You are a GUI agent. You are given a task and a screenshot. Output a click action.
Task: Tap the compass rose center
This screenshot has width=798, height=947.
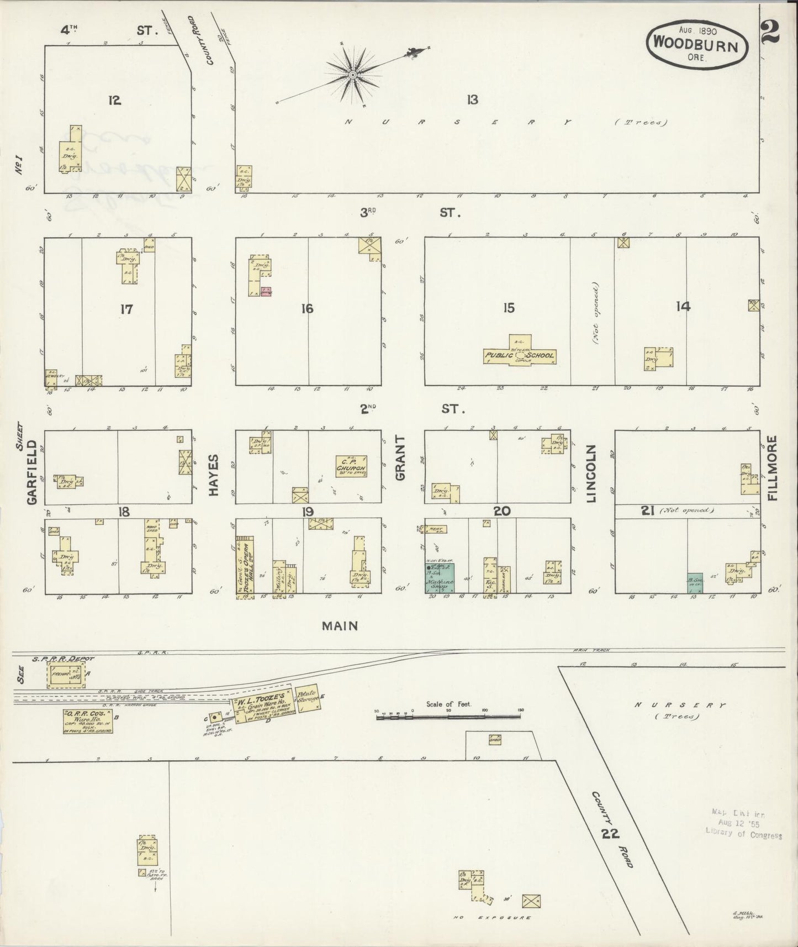pos(352,74)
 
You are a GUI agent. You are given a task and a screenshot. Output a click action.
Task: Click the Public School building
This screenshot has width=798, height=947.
pos(519,355)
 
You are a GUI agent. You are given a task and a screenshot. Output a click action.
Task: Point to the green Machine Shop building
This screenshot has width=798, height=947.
pos(440,578)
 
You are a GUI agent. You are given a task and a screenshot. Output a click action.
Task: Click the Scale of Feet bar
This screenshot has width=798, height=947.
pos(448,717)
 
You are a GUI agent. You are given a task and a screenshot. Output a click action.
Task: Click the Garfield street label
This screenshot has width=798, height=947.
pos(31,472)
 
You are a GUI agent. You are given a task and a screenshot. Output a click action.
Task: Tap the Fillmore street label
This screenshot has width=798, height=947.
pos(772,467)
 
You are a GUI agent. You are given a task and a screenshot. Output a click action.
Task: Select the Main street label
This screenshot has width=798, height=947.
pos(340,626)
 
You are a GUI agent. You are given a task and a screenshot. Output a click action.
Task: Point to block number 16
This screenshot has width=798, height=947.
pos(307,309)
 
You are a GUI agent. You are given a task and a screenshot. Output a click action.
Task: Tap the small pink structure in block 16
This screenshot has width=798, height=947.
pos(266,292)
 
